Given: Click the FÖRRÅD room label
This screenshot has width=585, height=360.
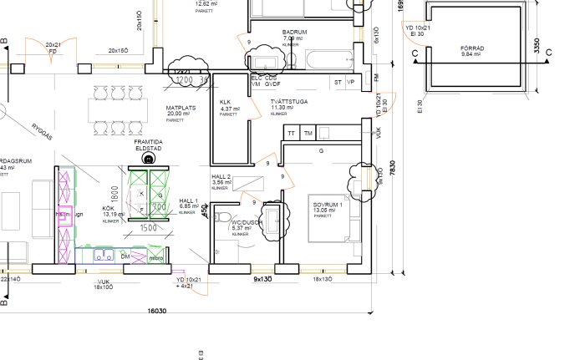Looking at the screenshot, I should pyautogui.click(x=471, y=48).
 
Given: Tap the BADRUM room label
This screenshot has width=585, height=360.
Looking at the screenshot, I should pyautogui.click(x=294, y=32).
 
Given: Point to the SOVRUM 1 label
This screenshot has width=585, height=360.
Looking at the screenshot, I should pyautogui.click(x=328, y=205).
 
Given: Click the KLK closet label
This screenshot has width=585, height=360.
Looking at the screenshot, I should pyautogui.click(x=225, y=103).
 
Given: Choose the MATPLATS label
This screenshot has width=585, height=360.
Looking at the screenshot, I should pyautogui.click(x=180, y=108).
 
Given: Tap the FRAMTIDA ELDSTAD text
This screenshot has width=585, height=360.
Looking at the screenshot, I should pyautogui.click(x=150, y=145).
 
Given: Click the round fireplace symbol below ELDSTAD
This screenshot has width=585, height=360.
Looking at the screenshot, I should pyautogui.click(x=150, y=159).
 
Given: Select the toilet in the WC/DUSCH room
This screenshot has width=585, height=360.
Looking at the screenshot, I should pyautogui.click(x=221, y=219).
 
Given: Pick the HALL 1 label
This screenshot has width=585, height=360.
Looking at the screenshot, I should pyautogui.click(x=188, y=201).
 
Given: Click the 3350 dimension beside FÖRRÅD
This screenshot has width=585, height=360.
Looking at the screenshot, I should pyautogui.click(x=537, y=48).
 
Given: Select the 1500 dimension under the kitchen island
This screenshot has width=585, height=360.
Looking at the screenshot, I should pyautogui.click(x=147, y=226).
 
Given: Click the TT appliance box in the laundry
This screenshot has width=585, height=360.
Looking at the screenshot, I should pyautogui.click(x=292, y=133).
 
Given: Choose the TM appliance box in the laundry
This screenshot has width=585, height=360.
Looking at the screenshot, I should pyautogui.click(x=308, y=133).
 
